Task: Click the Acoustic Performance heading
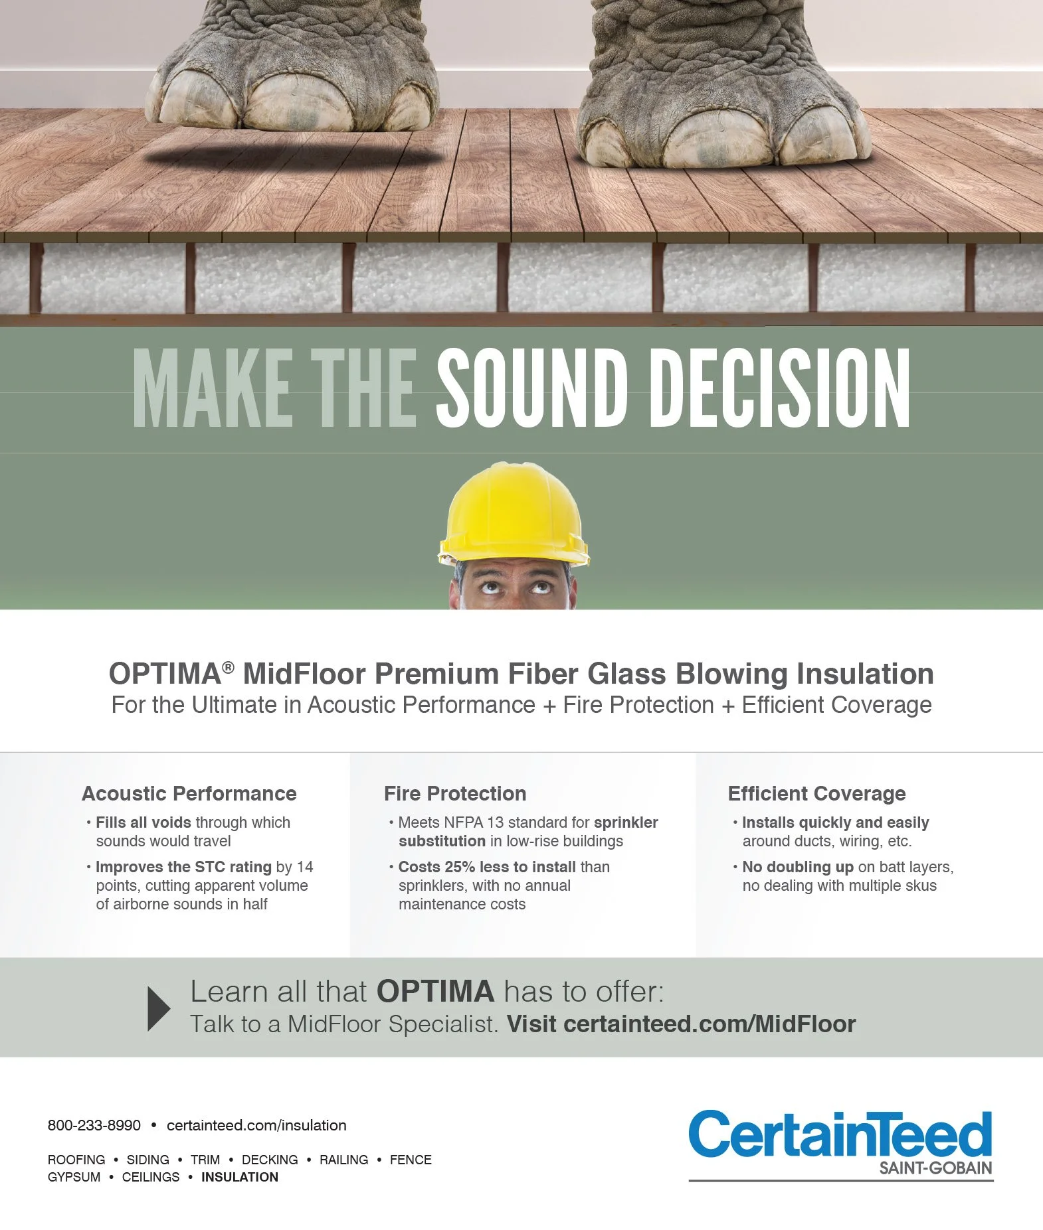[189, 793]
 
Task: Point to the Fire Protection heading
[455, 793]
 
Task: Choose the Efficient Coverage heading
[816, 793]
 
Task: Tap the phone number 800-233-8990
[94, 1125]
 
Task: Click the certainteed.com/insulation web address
[256, 1125]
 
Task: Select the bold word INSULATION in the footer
[240, 1177]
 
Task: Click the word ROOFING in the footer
[76, 1160]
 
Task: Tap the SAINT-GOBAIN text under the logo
[935, 1168]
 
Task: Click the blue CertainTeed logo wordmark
[840, 1134]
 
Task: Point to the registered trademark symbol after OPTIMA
[228, 667]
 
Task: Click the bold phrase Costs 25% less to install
[487, 867]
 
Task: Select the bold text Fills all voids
[143, 822]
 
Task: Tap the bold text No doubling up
[798, 867]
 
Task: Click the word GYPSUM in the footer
[74, 1177]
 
